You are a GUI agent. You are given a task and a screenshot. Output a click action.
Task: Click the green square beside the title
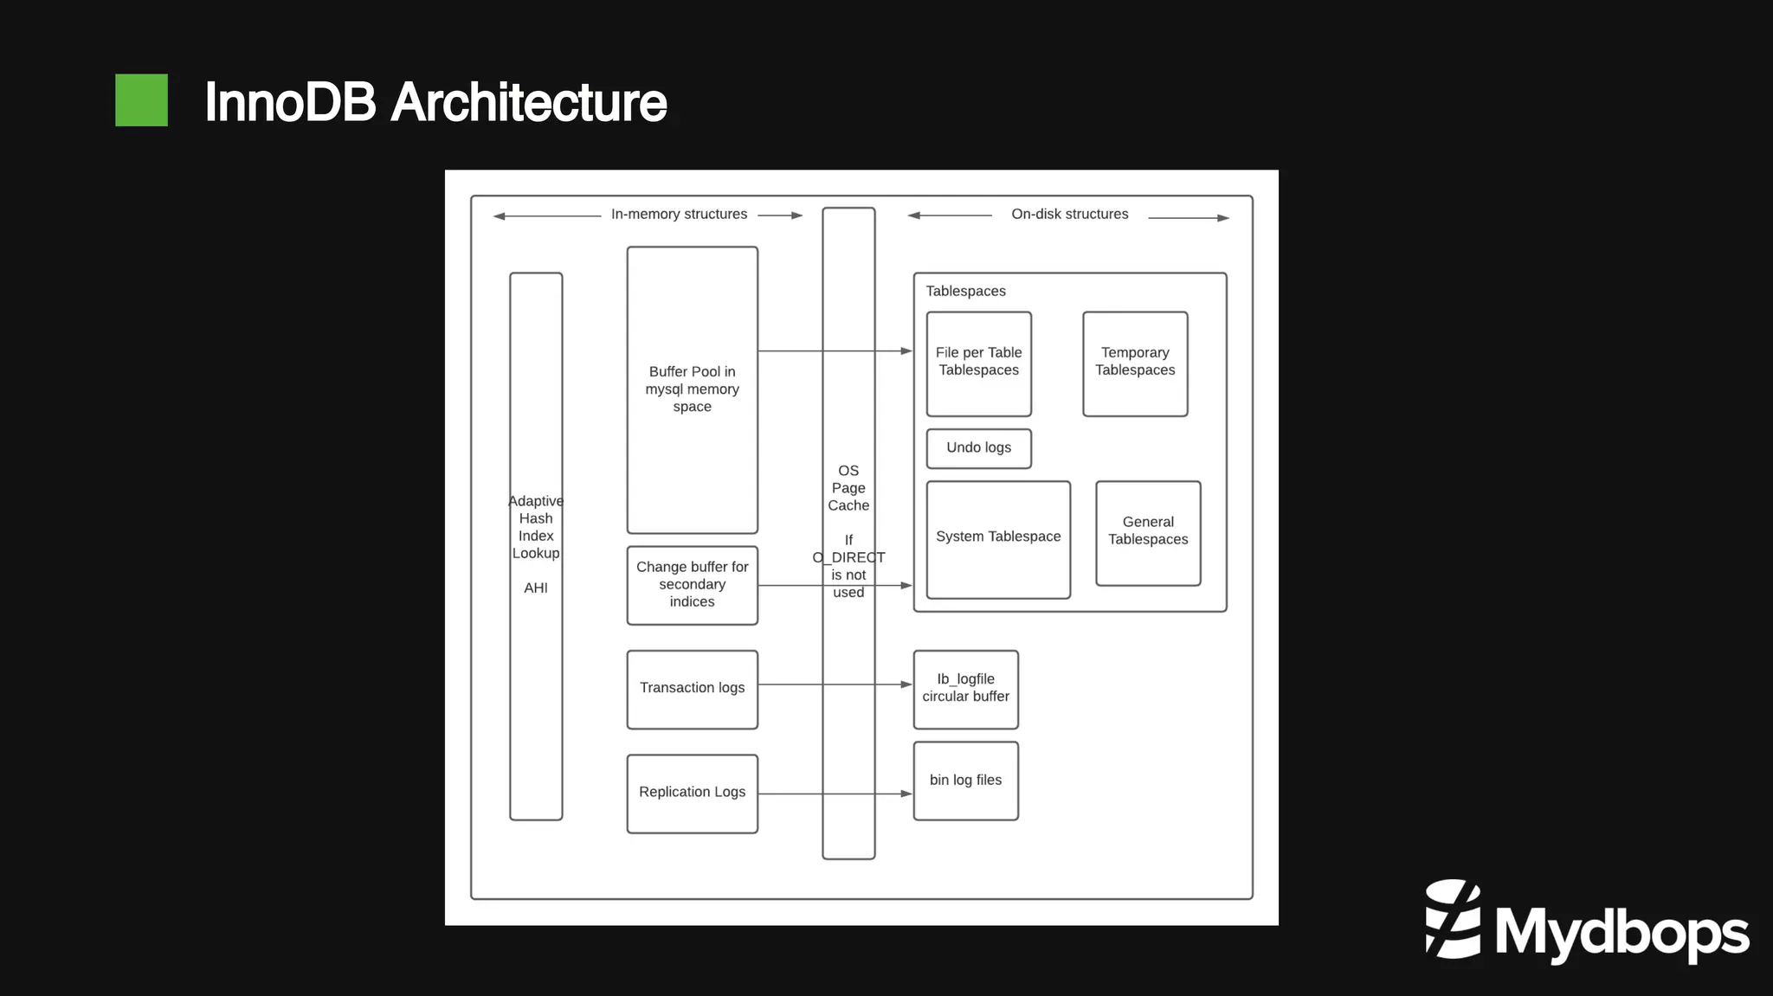click(x=141, y=100)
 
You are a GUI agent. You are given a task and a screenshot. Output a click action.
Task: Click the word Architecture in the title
click(x=528, y=102)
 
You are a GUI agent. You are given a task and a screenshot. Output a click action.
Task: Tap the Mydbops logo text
click(x=1621, y=932)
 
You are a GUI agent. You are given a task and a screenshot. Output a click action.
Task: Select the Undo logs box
click(x=978, y=448)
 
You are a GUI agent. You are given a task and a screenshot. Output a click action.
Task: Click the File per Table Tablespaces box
click(x=978, y=363)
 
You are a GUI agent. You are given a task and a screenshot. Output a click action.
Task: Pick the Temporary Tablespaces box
click(x=1134, y=363)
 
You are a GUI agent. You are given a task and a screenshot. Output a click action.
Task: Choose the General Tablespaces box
click(x=1147, y=532)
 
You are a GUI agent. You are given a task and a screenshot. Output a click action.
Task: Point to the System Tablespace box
click(x=997, y=538)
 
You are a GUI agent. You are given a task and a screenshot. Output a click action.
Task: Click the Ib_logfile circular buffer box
click(x=965, y=689)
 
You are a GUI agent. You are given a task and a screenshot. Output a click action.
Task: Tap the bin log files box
click(x=965, y=781)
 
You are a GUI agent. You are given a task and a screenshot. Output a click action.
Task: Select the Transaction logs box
click(x=692, y=689)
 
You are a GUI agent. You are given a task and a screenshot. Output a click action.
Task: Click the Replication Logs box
click(x=692, y=793)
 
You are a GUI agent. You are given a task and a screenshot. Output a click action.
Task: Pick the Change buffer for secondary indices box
click(x=692, y=584)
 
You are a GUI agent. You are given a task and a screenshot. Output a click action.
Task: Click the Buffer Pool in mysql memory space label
click(x=692, y=389)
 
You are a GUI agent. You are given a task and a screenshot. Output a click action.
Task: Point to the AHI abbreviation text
click(x=535, y=588)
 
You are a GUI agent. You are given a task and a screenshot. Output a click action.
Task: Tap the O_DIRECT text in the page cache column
click(x=848, y=557)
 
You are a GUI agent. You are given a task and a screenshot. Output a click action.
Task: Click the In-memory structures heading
click(x=679, y=215)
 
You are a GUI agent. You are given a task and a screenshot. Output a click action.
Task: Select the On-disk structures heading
click(x=1069, y=215)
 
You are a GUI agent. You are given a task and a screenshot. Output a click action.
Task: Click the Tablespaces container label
click(x=965, y=292)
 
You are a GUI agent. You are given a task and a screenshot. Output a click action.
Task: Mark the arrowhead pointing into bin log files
click(x=906, y=794)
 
